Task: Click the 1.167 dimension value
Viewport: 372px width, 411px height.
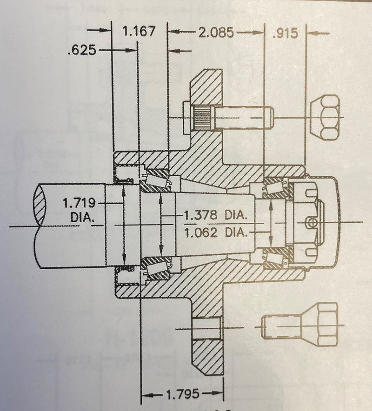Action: point(138,33)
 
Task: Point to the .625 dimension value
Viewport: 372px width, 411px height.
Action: point(82,50)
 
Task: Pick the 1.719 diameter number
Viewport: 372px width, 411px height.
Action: point(80,203)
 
